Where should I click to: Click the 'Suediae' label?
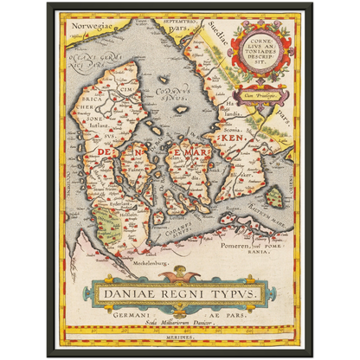pos(210,37)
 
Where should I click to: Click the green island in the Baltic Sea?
pos(274,197)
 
